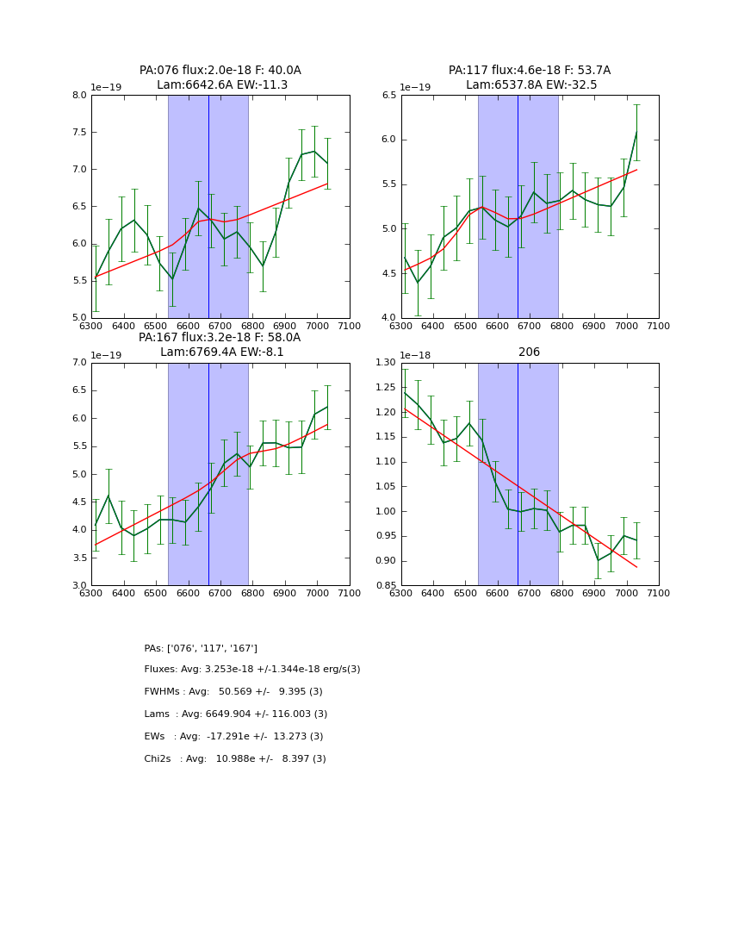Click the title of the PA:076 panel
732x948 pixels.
pyautogui.click(x=220, y=78)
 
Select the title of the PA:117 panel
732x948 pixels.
pyautogui.click(x=530, y=78)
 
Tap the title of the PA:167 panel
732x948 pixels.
pyautogui.click(x=220, y=345)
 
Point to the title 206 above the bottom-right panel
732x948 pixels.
pyautogui.click(x=529, y=352)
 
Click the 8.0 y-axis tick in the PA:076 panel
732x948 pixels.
pyautogui.click(x=78, y=96)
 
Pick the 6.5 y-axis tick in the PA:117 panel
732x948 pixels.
pyautogui.click(x=388, y=96)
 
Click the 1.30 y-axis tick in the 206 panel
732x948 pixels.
pyautogui.click(x=385, y=363)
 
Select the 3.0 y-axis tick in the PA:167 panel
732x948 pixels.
pyautogui.click(x=78, y=586)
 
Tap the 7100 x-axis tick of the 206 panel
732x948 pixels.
pyautogui.click(x=659, y=593)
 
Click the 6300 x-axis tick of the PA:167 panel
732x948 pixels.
pyautogui.click(x=91, y=593)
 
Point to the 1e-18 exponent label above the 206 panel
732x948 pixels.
pyautogui.click(x=415, y=355)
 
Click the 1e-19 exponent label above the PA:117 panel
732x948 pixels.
pyautogui.click(x=415, y=88)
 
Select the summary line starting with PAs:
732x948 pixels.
pyautogui.click(x=201, y=648)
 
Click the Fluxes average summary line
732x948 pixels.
pyautogui.click(x=252, y=670)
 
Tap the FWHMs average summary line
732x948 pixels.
pyautogui.click(x=233, y=692)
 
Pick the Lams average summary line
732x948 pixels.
pyautogui.click(x=236, y=714)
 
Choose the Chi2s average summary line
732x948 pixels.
pyautogui.click(x=235, y=759)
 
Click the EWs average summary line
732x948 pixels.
pyautogui.click(x=233, y=737)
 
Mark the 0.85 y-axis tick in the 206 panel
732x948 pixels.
pyautogui.click(x=385, y=586)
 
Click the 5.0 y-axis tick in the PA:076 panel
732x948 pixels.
pyautogui.click(x=78, y=318)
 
